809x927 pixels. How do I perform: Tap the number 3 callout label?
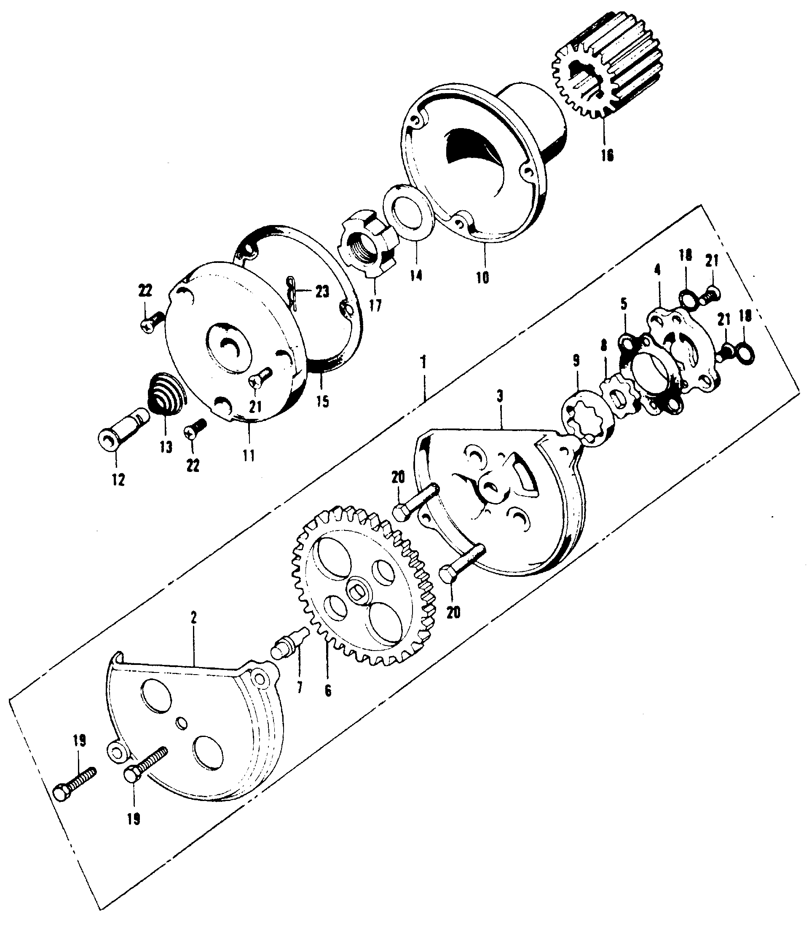(x=499, y=397)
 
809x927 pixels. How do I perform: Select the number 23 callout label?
(x=322, y=292)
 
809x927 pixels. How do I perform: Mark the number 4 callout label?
(x=657, y=271)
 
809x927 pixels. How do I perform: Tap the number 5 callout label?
(x=623, y=304)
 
